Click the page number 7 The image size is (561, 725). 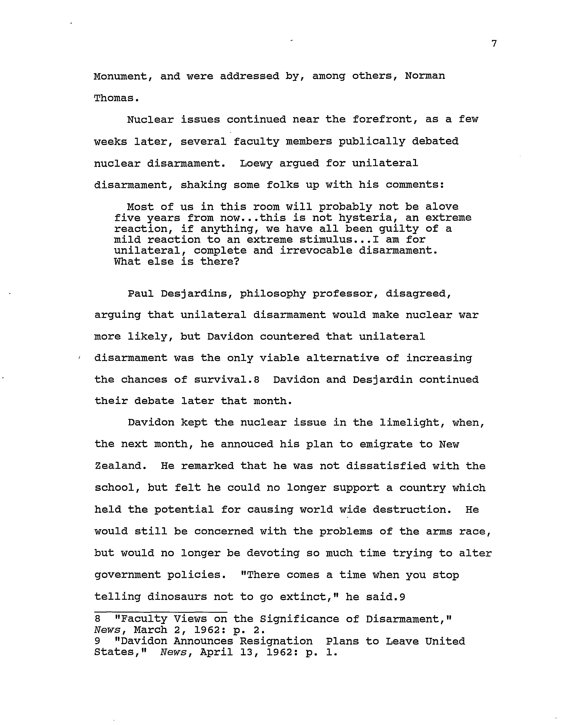tap(494, 44)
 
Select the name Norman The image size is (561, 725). tap(425, 76)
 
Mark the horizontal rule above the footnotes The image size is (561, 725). tap(161, 612)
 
